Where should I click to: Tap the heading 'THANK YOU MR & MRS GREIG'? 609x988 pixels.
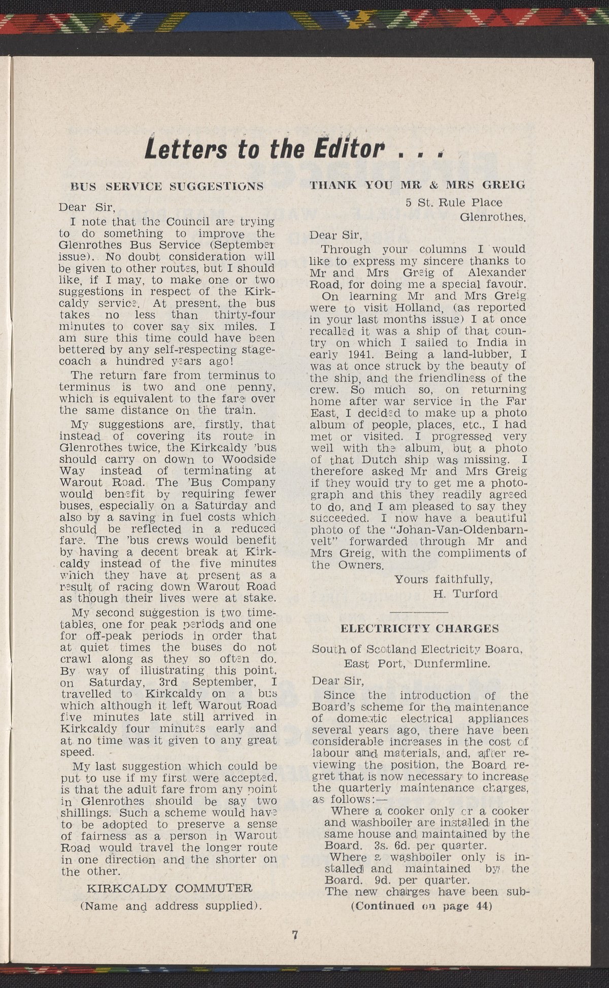coord(417,185)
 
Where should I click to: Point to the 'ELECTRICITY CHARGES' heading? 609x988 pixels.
coord(420,629)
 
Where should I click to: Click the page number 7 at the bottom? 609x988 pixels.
coord(295,935)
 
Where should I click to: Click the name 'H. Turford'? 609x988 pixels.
coord(465,593)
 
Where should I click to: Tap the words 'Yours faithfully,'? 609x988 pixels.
coord(444,579)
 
